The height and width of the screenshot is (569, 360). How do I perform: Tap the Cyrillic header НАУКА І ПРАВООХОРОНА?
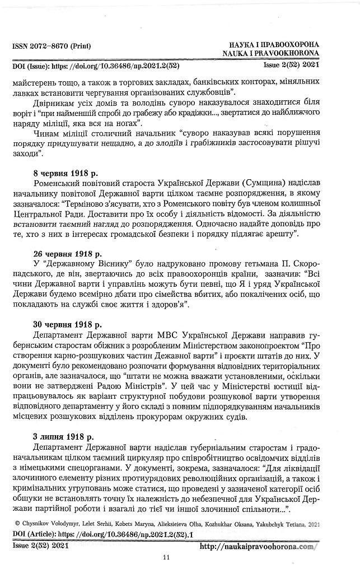[x=274, y=44]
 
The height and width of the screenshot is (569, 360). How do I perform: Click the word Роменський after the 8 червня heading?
[x=59, y=183]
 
